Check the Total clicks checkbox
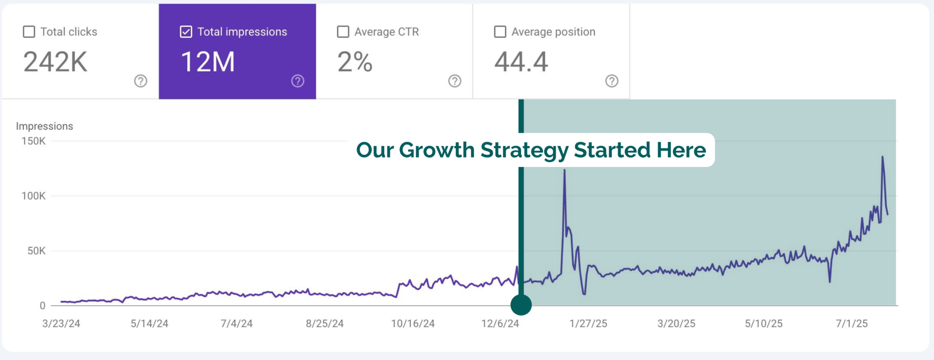tap(29, 32)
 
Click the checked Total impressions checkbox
tap(186, 32)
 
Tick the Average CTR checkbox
tap(343, 32)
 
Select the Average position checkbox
tap(500, 32)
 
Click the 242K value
tap(55, 62)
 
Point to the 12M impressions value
tap(208, 62)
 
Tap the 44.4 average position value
tap(521, 62)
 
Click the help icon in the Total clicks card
tap(141, 81)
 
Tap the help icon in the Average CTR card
tap(455, 81)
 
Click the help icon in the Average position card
tap(612, 81)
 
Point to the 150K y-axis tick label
tap(33, 141)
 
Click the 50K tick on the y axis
tap(36, 251)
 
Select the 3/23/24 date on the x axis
tap(61, 324)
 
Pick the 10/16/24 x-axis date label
tap(413, 324)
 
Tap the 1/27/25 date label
tap(588, 324)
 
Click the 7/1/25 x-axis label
tap(852, 324)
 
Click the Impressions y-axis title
tap(44, 126)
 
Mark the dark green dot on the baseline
tap(521, 305)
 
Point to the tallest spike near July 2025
tap(883, 158)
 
